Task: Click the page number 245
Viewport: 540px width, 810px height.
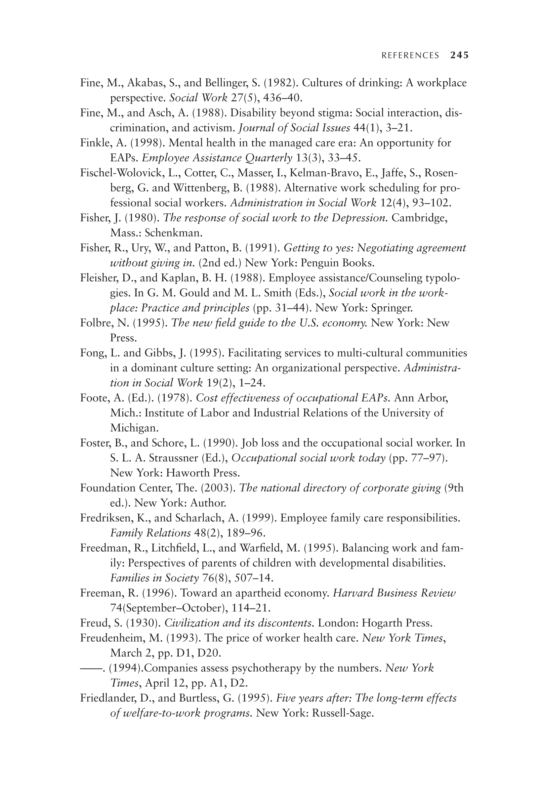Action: coord(459,55)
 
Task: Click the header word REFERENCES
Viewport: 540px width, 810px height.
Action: coord(410,56)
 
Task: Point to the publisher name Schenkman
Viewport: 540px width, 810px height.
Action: coord(173,233)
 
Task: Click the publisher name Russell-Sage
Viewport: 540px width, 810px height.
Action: coord(342,713)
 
